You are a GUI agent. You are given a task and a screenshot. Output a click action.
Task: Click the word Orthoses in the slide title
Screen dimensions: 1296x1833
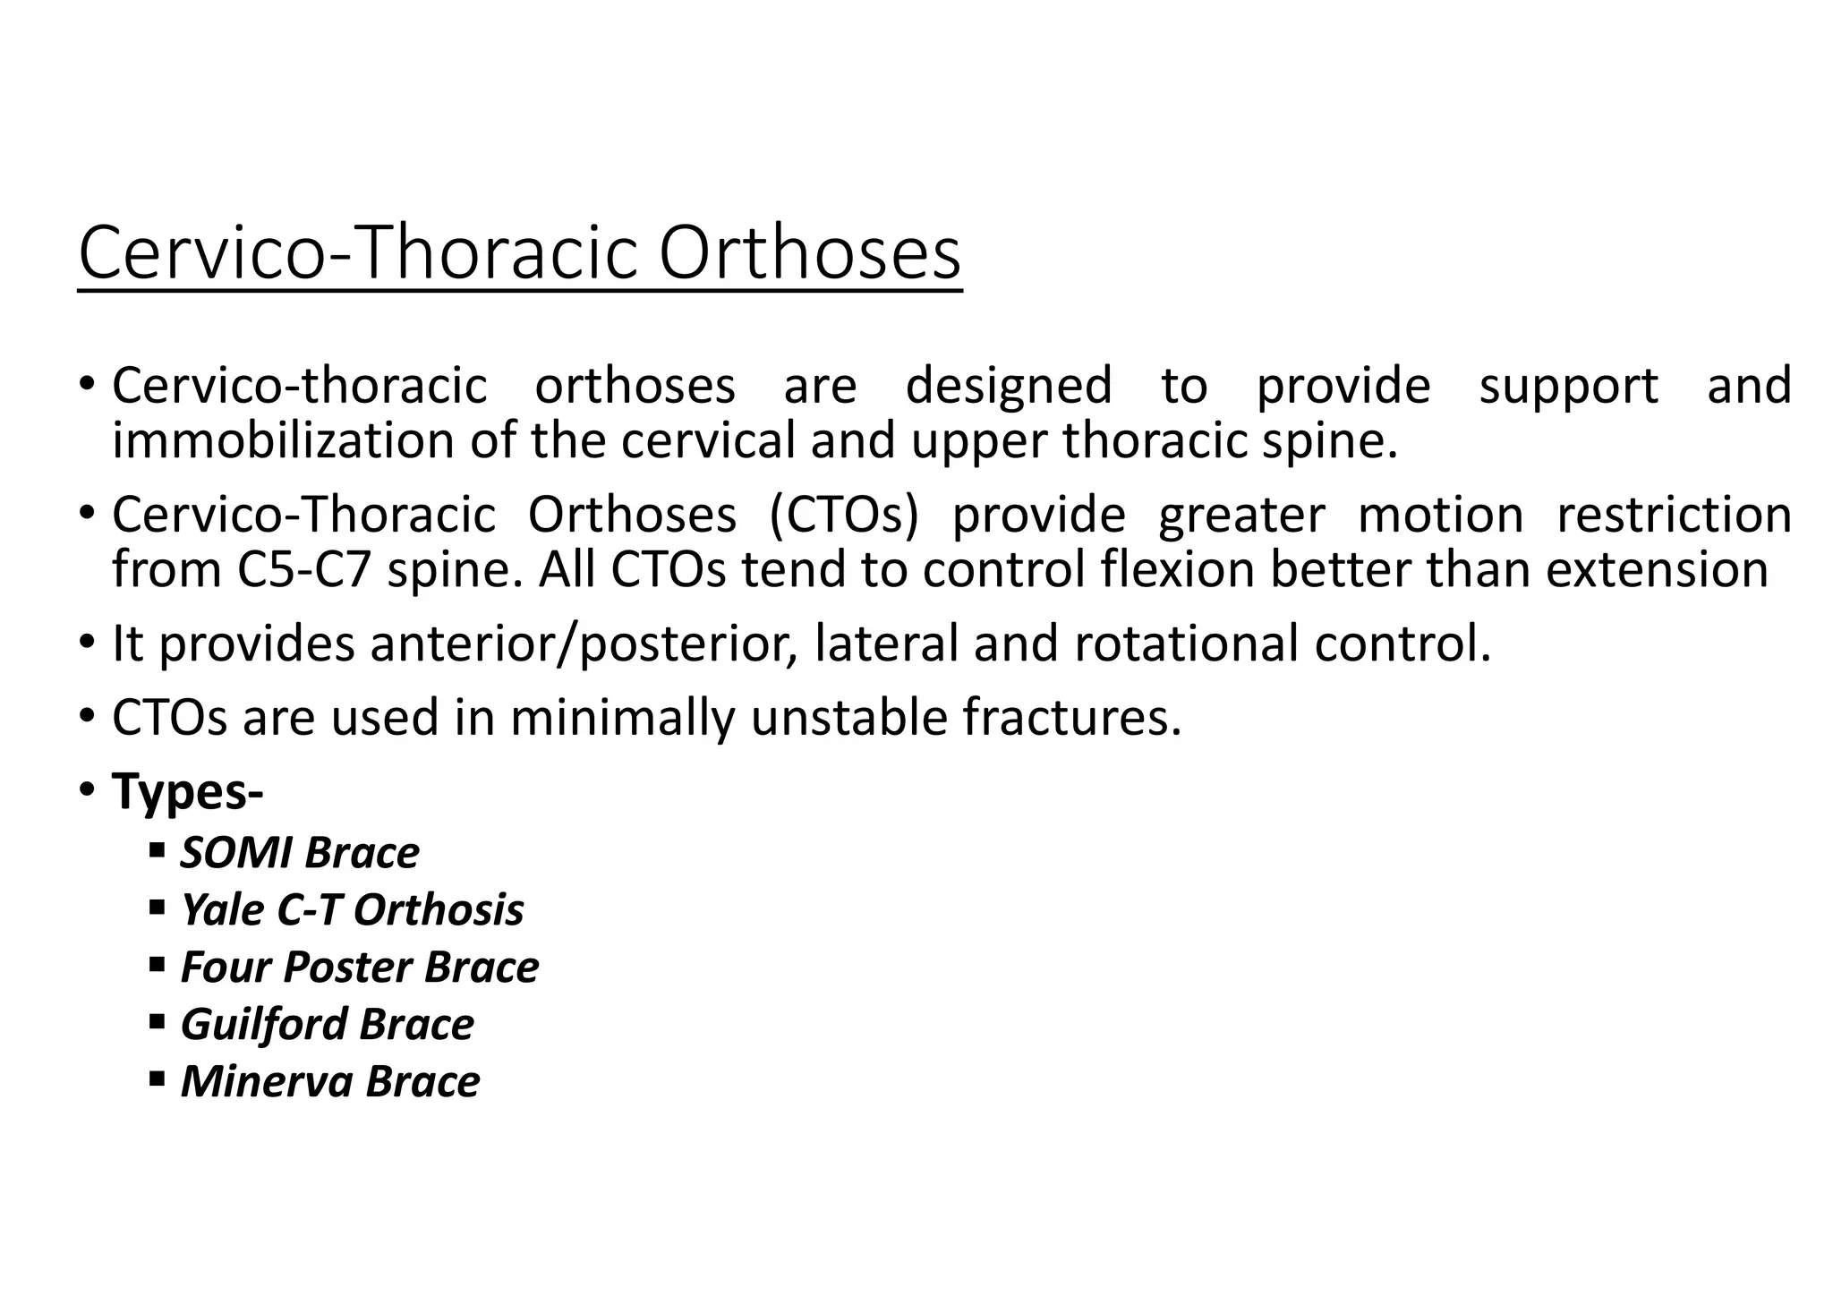(x=809, y=254)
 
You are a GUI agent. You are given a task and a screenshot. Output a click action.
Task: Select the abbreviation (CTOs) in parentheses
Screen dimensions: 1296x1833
(x=843, y=515)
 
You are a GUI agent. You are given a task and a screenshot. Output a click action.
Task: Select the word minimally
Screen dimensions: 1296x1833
(x=622, y=718)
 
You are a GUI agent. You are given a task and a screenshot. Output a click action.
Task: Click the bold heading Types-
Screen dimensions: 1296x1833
(x=187, y=792)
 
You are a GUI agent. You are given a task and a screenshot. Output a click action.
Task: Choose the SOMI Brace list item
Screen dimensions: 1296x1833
(x=300, y=853)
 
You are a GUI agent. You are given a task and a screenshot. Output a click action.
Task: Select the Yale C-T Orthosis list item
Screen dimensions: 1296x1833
(x=352, y=910)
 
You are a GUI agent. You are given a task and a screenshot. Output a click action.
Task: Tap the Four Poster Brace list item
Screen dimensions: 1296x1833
(x=360, y=968)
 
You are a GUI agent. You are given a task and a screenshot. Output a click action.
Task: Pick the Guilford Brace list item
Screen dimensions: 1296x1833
(x=328, y=1025)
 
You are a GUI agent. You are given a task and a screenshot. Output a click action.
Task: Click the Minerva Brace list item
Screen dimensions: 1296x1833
(x=330, y=1082)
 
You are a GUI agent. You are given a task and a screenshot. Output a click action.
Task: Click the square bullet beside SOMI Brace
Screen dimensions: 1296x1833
(x=158, y=849)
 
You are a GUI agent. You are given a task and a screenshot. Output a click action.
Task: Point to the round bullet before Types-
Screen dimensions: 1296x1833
(x=87, y=790)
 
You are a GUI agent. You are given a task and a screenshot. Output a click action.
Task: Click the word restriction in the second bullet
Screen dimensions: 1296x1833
(x=1674, y=515)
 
